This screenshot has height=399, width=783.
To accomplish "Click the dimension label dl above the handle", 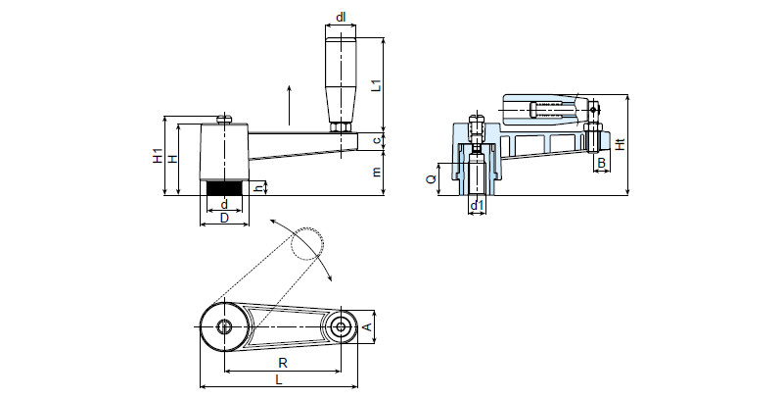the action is pyautogui.click(x=341, y=18).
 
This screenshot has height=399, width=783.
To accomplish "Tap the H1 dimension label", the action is pyautogui.click(x=159, y=156).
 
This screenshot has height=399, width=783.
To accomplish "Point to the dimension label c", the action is pyautogui.click(x=377, y=141).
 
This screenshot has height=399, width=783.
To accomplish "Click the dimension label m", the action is pyautogui.click(x=377, y=172).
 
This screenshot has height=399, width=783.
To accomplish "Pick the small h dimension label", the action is pyautogui.click(x=258, y=188).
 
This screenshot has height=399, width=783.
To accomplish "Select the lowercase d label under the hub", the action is pyautogui.click(x=224, y=204).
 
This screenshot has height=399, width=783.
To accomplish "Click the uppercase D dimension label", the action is pyautogui.click(x=224, y=218).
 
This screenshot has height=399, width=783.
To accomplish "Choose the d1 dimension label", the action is pyautogui.click(x=477, y=205).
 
